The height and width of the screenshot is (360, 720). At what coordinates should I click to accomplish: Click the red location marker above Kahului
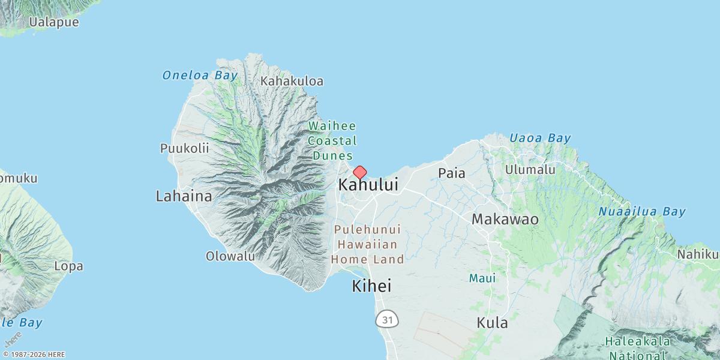pos(359,172)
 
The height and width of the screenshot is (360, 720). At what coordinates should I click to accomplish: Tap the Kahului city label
pos(368,185)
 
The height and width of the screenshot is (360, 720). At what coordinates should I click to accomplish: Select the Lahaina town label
pos(184,196)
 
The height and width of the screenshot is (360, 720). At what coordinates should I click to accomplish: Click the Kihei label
pos(371,286)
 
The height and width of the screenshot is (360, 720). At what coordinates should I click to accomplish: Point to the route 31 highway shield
pos(388,320)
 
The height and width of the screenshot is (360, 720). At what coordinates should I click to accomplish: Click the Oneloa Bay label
pos(200,76)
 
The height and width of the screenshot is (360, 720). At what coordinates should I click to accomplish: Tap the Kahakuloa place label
pos(292,81)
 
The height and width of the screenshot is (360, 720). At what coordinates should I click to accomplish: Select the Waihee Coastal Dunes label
pos(332,141)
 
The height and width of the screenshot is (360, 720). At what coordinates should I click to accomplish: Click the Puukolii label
pos(184,148)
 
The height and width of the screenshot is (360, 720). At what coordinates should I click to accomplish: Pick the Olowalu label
pos(230,256)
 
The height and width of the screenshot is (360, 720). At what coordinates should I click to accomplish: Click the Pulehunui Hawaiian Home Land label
pos(367,245)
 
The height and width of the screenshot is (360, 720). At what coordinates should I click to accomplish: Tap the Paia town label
pos(452,173)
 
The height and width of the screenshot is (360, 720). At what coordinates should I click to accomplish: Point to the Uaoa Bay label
pos(540,139)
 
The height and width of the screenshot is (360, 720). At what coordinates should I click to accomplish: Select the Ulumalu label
pos(530,170)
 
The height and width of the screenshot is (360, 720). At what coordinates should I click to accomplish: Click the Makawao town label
pos(505,220)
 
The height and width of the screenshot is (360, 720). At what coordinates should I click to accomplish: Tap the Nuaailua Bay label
pos(641,212)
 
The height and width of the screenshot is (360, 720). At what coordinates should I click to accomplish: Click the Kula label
pos(492,323)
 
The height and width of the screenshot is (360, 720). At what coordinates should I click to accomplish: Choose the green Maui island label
pos(482,278)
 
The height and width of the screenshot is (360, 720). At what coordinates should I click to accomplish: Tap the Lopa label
pos(68,266)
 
